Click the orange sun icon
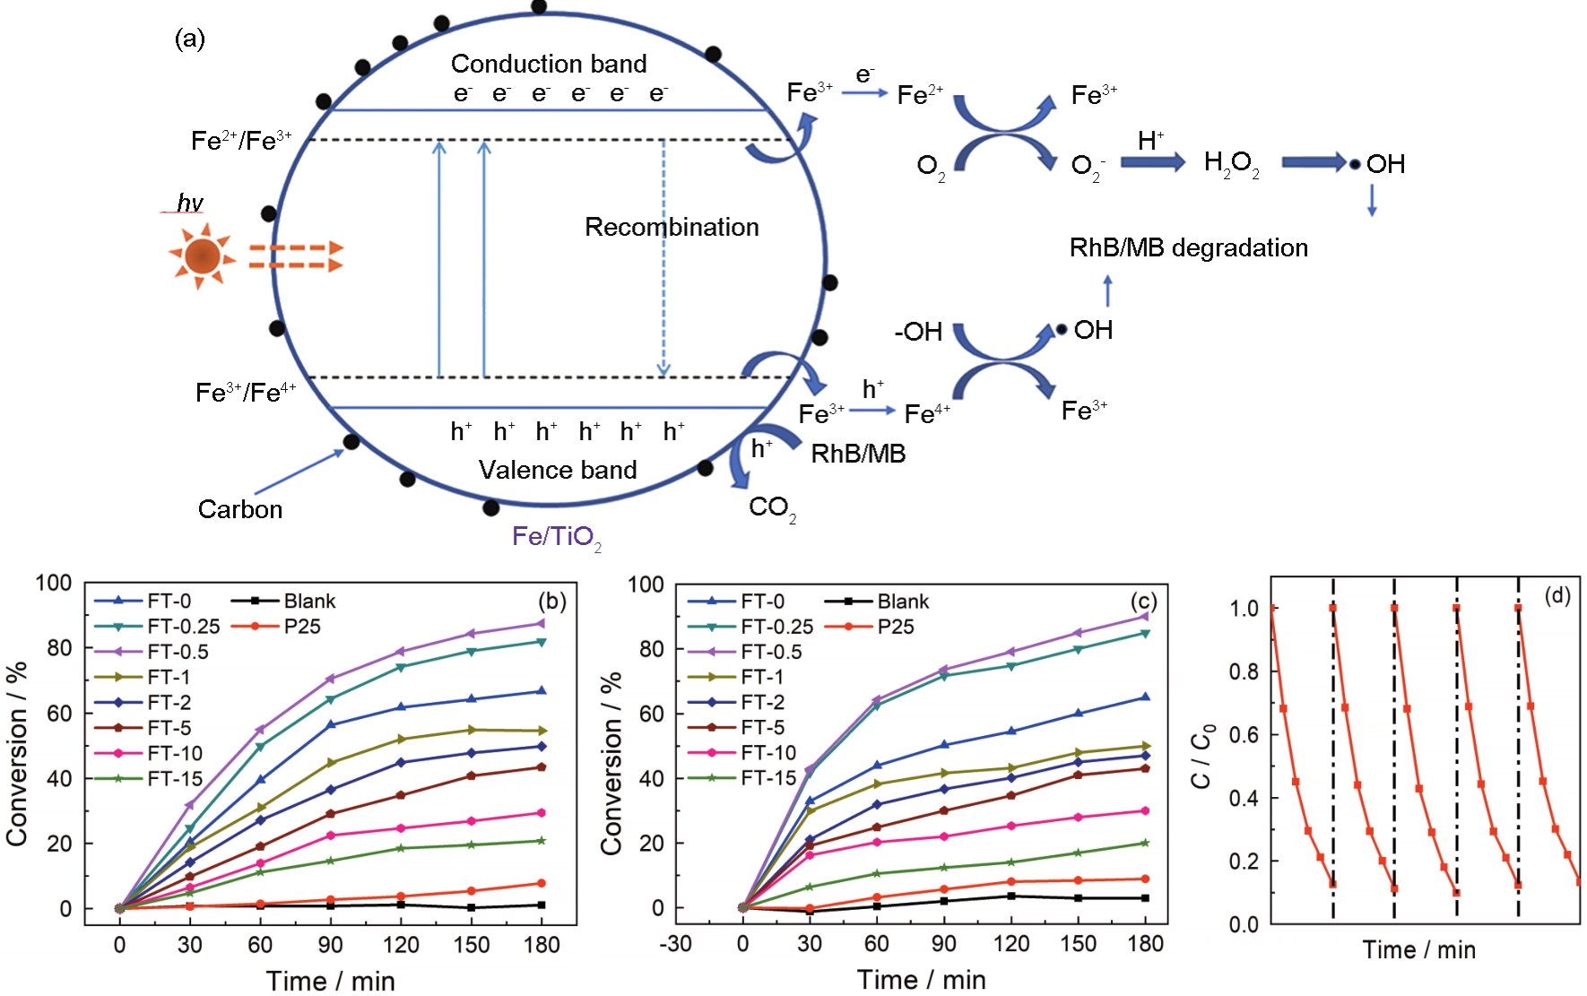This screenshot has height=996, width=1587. click(x=202, y=257)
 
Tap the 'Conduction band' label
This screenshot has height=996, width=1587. click(x=548, y=64)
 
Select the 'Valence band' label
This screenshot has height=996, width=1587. click(x=557, y=470)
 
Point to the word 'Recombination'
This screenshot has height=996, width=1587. click(x=672, y=227)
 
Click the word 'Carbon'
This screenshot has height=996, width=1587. click(x=239, y=509)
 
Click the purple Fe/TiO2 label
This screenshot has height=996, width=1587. click(x=556, y=537)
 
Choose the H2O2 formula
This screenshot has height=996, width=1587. click(x=1231, y=163)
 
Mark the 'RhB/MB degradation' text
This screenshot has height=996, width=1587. click(x=1188, y=247)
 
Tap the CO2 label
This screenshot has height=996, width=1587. click(x=771, y=508)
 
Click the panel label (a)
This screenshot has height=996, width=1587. click(x=189, y=39)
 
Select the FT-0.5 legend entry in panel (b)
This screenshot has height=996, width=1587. click(x=178, y=652)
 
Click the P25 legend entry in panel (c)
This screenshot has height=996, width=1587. click(x=895, y=627)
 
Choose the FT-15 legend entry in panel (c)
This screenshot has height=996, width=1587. click(x=768, y=778)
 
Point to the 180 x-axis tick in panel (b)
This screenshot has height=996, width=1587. click(x=542, y=944)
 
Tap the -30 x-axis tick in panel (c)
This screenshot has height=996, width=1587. click(x=675, y=943)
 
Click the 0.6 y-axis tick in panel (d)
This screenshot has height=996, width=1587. click(x=1244, y=735)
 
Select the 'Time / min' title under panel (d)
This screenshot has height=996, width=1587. click(x=1418, y=950)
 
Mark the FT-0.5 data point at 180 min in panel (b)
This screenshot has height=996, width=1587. click(x=541, y=623)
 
